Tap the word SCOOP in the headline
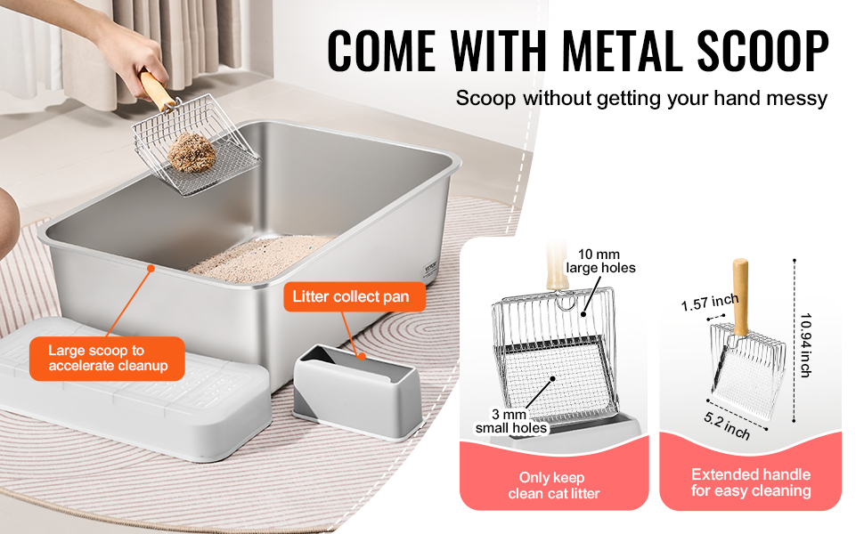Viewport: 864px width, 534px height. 762,50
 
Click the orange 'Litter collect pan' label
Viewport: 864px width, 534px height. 351,296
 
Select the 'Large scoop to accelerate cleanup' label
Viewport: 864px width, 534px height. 108,359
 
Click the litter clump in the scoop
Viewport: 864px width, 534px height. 192,151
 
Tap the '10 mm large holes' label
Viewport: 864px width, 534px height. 599,261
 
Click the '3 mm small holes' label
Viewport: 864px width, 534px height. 510,421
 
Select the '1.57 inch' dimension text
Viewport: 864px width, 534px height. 710,303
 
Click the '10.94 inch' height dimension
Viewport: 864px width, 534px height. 806,345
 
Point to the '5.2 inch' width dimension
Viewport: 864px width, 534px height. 727,425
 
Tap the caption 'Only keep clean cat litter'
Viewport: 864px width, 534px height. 553,485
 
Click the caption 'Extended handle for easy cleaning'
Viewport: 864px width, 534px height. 751,482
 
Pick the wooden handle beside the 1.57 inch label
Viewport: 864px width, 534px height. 740,296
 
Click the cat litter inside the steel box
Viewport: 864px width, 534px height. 259,259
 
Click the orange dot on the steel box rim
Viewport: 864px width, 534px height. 151,268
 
